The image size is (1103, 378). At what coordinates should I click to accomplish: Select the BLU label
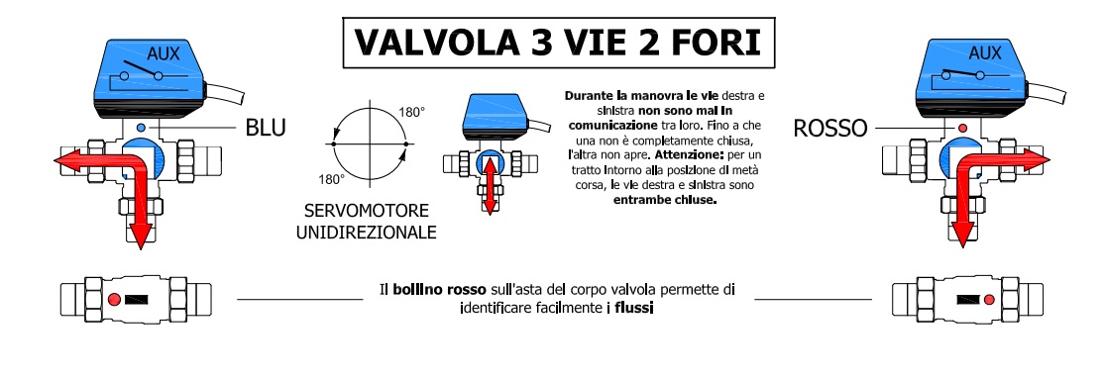[x=266, y=128]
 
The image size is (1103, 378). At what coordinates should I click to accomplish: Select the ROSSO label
[x=830, y=128]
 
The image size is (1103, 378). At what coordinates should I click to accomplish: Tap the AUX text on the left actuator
[x=162, y=54]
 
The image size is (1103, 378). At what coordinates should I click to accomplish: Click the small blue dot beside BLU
[x=142, y=128]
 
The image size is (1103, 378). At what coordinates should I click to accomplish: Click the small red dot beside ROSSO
[x=960, y=128]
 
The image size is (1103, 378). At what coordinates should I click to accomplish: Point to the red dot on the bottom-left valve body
[x=114, y=298]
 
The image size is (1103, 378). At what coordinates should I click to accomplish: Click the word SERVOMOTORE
[x=368, y=213]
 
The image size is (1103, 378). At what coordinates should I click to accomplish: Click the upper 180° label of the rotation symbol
[x=412, y=112]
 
